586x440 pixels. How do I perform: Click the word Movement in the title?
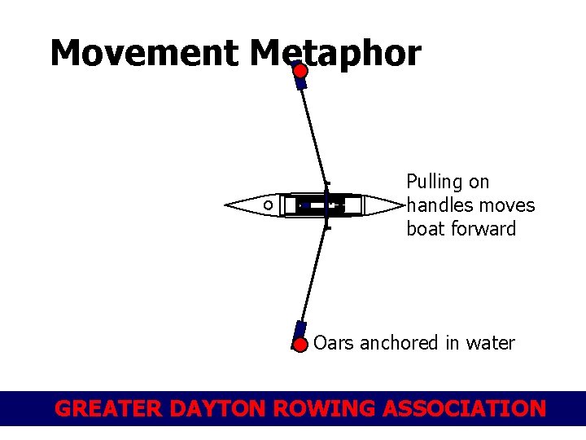(x=144, y=54)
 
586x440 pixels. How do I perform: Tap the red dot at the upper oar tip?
(x=300, y=72)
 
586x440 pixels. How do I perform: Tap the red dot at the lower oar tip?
(x=300, y=345)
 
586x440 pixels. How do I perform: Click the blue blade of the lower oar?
(x=300, y=332)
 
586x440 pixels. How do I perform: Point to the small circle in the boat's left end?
(x=268, y=205)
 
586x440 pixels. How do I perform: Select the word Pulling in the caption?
(x=436, y=182)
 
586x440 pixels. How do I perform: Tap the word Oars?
(x=334, y=343)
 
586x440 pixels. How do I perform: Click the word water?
(x=490, y=343)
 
